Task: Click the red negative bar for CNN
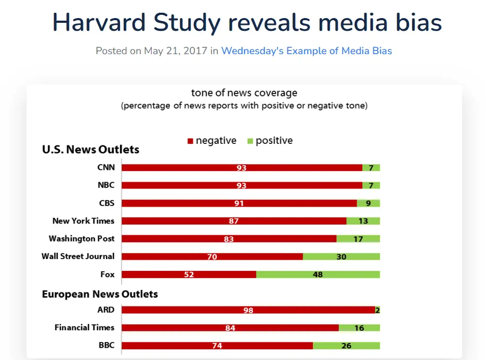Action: (212, 168)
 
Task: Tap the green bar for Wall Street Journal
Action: (341, 256)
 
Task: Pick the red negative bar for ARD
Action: (212, 310)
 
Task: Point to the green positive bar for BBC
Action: (346, 346)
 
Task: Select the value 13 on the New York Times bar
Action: (363, 221)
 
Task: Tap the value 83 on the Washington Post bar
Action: (229, 239)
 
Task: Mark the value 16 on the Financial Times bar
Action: (359, 328)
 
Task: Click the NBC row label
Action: (106, 185)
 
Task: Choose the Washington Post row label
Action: (81, 238)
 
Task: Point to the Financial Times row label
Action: (84, 328)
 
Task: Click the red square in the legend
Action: (190, 141)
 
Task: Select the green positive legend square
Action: (250, 141)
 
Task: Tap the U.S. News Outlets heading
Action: (90, 150)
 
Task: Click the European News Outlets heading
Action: (100, 294)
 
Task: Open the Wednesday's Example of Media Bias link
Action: (307, 51)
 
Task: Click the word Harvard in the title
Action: (100, 22)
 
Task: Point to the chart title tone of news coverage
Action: (244, 93)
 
